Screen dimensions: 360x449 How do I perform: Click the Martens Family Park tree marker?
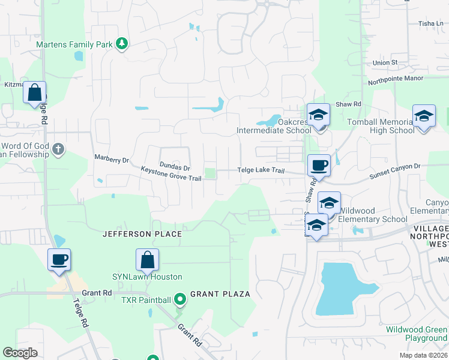[x=122, y=44]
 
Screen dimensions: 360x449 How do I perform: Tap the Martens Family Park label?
[x=74, y=44]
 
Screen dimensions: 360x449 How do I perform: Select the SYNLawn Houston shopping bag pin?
[x=147, y=260]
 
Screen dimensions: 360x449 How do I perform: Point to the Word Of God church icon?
[x=58, y=149]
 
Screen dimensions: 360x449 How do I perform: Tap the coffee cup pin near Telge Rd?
[x=59, y=260]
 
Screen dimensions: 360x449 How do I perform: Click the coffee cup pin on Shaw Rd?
[x=319, y=165]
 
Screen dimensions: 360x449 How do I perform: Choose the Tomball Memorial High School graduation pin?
[x=424, y=116]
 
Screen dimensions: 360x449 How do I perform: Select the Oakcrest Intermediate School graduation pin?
[x=319, y=115]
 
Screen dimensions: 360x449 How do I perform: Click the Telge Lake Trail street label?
[x=261, y=170]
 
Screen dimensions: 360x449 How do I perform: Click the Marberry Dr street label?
[x=112, y=160]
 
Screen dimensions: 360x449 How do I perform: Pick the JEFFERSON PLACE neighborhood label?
[x=142, y=234]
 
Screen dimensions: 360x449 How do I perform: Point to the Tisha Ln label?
[x=430, y=24]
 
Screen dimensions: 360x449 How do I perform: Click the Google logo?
[x=20, y=353]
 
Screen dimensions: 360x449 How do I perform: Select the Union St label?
[x=385, y=62]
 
